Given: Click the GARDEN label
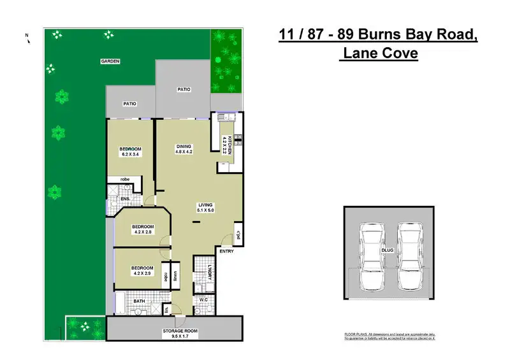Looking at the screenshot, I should tap(110, 61).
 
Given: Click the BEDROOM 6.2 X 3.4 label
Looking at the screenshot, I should tap(130, 152).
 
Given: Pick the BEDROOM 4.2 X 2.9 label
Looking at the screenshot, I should tap(142, 270).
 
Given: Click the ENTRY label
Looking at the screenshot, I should tap(226, 251).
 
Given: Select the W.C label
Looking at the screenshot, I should tap(205, 299).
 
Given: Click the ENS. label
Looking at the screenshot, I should tap(126, 199).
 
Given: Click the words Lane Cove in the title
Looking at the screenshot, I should tap(380, 54).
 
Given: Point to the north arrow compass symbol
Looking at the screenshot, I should tap(27, 38).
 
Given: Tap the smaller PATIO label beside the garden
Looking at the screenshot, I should tap(129, 104).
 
